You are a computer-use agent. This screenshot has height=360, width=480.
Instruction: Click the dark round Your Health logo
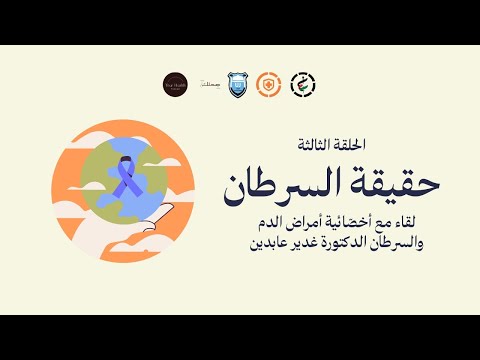[175, 85]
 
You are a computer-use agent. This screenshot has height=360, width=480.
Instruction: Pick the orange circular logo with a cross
[267, 85]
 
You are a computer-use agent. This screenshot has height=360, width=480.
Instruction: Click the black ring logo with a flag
[299, 85]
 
